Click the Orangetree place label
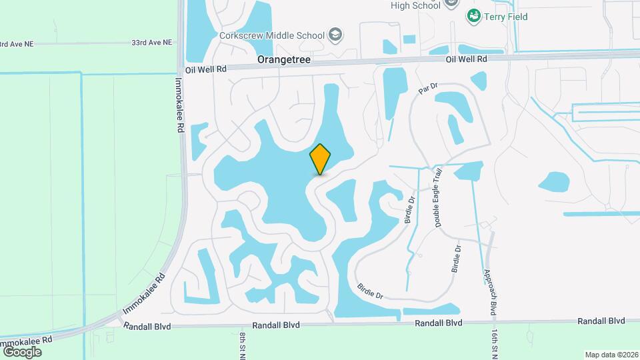point(285,60)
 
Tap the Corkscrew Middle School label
point(272,35)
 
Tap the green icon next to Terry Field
point(474,15)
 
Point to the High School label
point(415,5)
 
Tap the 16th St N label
point(495,340)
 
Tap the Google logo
point(22,351)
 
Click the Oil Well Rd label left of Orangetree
point(207,69)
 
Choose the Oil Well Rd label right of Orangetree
point(467,59)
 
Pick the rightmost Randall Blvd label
point(601,321)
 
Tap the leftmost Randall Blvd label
point(147,326)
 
